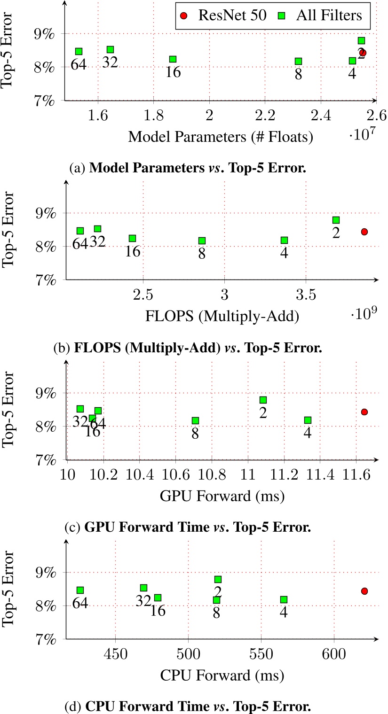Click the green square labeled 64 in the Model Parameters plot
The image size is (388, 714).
point(79,51)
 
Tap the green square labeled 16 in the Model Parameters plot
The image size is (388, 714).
point(173,59)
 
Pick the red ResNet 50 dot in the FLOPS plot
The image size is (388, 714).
point(364,232)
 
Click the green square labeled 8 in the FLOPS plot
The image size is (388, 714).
point(202,241)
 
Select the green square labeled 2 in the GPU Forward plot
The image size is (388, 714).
point(263,400)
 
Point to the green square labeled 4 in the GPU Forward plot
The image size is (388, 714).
point(308,420)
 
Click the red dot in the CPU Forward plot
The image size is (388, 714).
point(364,591)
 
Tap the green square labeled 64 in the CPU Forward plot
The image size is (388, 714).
point(80,590)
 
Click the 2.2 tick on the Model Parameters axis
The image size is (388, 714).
point(265,115)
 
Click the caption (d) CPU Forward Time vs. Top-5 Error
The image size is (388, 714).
point(194,706)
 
